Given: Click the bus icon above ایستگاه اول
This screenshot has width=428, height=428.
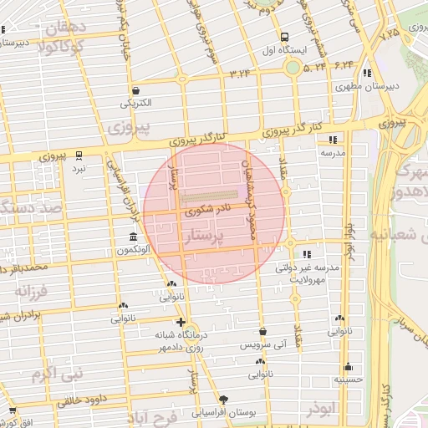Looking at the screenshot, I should click(284, 37).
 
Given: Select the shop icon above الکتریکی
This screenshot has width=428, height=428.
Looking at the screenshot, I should click(135, 90).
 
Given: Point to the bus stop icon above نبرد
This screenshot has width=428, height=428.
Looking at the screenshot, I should click(79, 155).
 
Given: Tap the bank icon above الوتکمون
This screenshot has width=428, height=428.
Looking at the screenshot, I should click(134, 237).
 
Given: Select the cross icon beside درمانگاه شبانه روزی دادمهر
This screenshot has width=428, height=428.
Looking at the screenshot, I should click(181, 322).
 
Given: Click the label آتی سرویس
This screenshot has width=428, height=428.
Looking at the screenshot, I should click(262, 344).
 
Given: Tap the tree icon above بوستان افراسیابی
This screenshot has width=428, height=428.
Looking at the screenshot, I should click(222, 400).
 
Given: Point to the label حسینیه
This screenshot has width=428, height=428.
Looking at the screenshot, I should click(349, 379).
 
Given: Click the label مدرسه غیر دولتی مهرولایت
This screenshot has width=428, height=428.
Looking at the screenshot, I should click(307, 273).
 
